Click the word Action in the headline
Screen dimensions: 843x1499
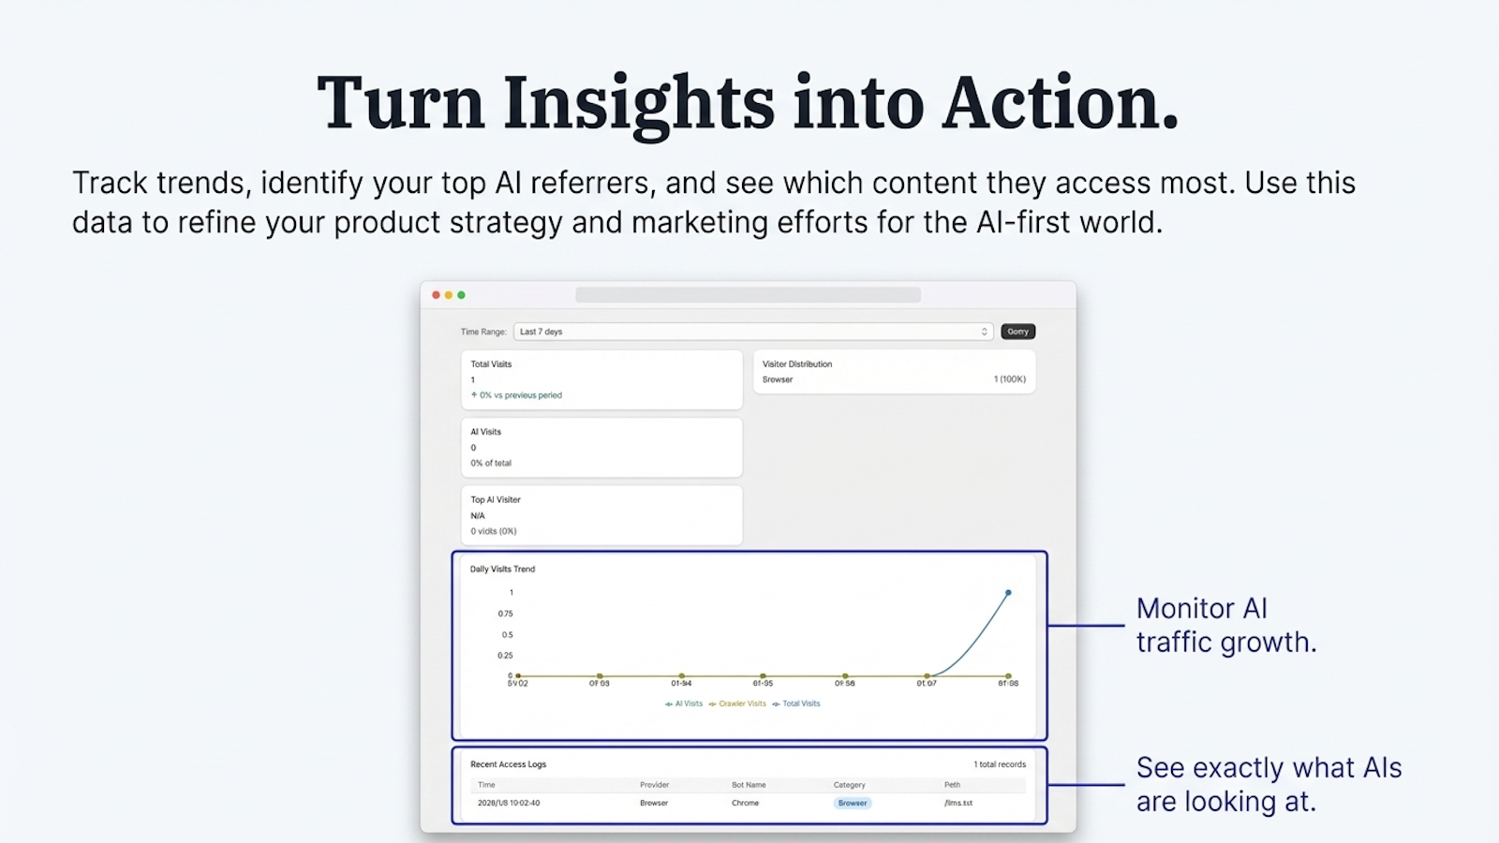[x=1059, y=103]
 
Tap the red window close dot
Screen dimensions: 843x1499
[x=436, y=295]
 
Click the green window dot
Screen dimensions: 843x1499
[x=461, y=295]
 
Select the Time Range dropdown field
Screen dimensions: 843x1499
[x=752, y=332]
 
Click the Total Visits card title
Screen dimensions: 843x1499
[x=491, y=364]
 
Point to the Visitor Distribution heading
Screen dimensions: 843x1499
[x=796, y=364]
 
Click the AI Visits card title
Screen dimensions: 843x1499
[x=485, y=432]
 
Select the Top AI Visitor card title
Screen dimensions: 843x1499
[x=495, y=500]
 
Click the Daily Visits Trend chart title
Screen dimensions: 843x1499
[x=502, y=569]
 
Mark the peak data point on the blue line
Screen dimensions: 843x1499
[x=1008, y=593]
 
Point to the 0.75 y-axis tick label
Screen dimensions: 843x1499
[x=505, y=614]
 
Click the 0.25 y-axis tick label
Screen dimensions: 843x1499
[x=505, y=656]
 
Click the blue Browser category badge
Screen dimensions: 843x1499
[x=853, y=803]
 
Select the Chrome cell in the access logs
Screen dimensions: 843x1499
[x=745, y=803]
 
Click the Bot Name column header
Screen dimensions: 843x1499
[x=749, y=785]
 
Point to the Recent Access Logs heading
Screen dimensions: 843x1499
[x=508, y=764]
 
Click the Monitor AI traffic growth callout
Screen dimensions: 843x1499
[x=1225, y=625]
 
